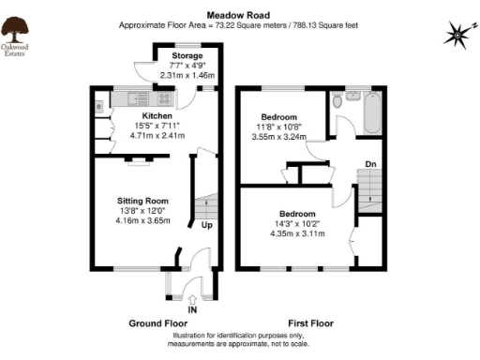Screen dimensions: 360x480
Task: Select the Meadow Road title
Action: [x=239, y=15]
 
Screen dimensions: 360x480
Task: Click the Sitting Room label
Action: [x=142, y=201]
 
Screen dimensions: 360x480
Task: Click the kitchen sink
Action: [x=126, y=96]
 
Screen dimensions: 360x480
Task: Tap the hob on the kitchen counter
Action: [x=163, y=96]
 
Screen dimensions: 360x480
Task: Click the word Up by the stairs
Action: [x=205, y=225]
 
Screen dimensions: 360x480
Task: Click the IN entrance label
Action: [x=192, y=308]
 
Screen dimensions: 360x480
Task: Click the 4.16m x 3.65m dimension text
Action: [x=142, y=220]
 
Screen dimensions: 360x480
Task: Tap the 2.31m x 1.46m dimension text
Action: [x=187, y=75]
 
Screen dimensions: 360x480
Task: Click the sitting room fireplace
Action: [x=138, y=161]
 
